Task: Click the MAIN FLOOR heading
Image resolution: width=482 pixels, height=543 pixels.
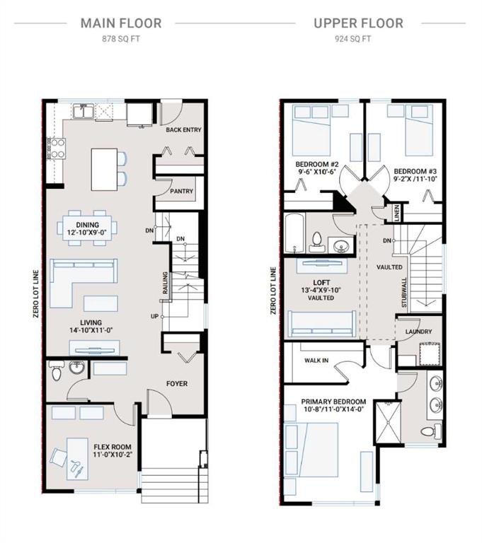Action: point(121,23)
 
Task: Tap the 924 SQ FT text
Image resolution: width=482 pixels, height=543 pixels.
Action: point(352,39)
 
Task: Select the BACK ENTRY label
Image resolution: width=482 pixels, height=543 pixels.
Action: point(183,129)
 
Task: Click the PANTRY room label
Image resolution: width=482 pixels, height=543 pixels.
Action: point(181,191)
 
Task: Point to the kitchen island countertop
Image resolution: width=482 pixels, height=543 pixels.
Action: point(104,170)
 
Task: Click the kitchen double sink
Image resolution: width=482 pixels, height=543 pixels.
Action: point(83,111)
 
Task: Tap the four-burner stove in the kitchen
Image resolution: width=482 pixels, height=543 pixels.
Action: point(56,148)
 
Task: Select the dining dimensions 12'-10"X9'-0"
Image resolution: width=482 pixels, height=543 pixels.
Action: point(87,232)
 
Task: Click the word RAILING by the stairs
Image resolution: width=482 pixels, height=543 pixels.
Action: point(166,283)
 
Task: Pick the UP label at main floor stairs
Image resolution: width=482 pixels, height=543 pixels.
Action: point(154,316)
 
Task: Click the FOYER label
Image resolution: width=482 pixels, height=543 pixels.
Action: point(177,383)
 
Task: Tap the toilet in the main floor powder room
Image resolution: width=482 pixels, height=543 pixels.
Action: point(56,370)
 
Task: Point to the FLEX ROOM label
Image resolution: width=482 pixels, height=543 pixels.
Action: point(113,447)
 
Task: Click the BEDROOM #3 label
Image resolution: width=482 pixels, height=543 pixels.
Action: point(415,171)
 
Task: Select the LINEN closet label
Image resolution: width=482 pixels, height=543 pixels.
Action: point(397,213)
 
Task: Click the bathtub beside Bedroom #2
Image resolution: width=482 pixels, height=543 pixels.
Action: point(295,233)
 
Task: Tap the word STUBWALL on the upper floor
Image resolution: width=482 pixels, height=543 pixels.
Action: point(404,292)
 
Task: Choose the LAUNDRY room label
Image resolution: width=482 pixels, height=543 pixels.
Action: point(418,332)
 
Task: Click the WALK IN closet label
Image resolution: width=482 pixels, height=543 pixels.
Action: point(316,360)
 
